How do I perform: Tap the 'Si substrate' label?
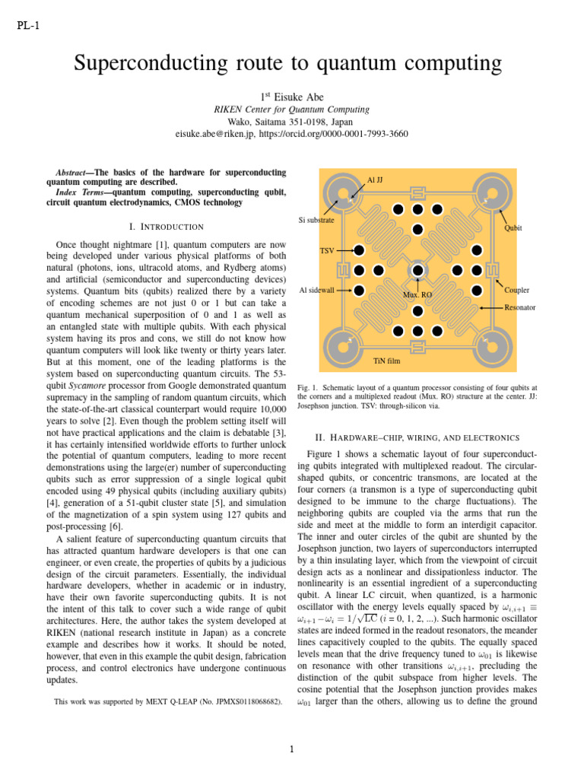click(x=316, y=220)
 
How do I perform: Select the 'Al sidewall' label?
click(x=318, y=290)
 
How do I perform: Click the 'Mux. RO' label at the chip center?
click(x=417, y=294)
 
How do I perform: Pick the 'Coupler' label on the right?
click(x=516, y=290)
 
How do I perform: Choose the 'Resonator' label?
click(x=520, y=307)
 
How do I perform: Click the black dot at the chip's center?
click(x=417, y=270)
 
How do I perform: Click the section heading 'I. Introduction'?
click(x=167, y=226)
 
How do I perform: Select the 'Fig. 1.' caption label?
click(x=309, y=386)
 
